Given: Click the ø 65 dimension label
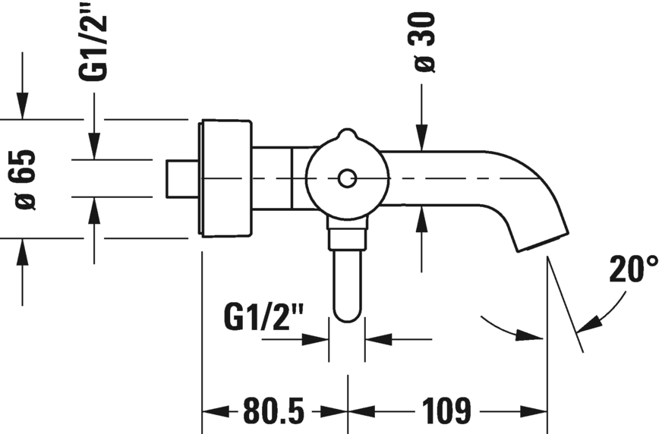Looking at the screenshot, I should pos(26,179).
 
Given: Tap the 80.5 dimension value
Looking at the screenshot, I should pos(274,412).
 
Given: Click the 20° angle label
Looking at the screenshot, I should pos(634,269).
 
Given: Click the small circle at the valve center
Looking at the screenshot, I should pos(347,179).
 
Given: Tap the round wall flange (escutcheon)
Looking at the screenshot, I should pos(225,179).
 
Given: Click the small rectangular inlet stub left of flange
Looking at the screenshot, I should pos(181,179).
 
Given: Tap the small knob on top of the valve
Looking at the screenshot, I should pos(347,136).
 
